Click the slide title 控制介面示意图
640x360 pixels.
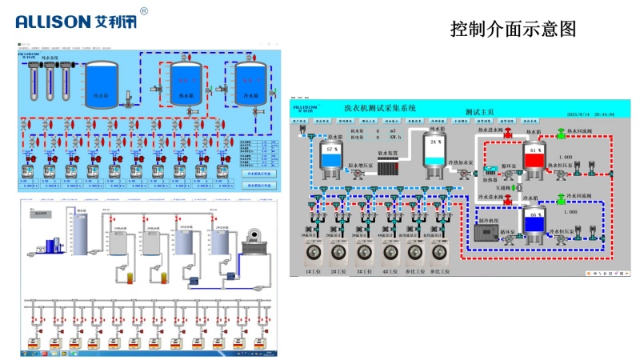(x=513, y=30)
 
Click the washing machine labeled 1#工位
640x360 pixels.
(x=312, y=253)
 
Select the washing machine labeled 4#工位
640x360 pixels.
(x=390, y=253)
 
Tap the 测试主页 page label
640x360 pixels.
(x=479, y=113)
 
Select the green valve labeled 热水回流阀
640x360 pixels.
(x=559, y=132)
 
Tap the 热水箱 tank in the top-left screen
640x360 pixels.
(x=186, y=83)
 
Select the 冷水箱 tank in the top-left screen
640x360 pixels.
(x=250, y=83)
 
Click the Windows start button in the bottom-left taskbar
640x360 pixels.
(x=24, y=352)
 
